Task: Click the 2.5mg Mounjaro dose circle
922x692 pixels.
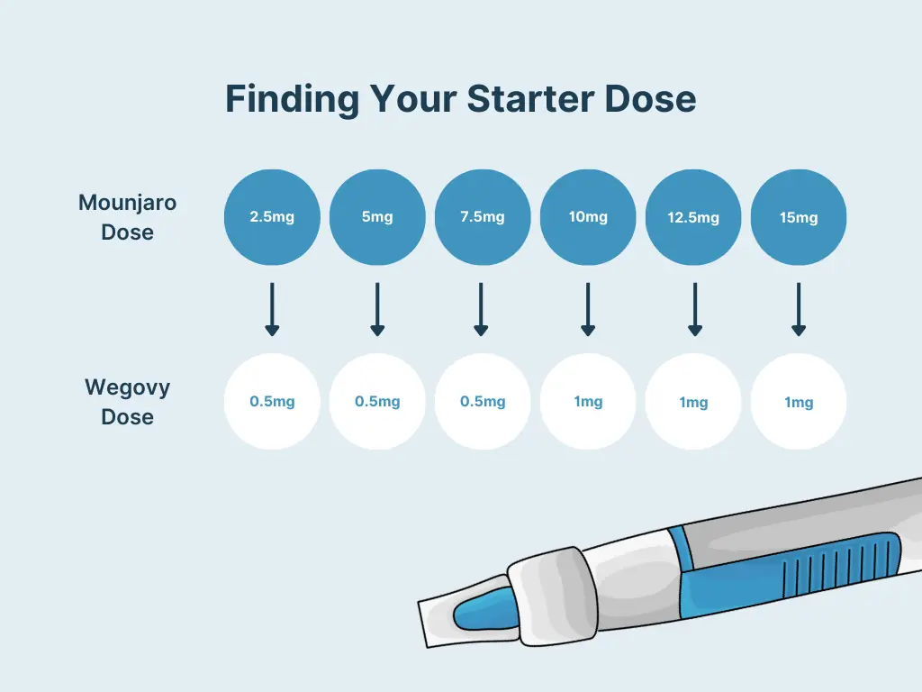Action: pyautogui.click(x=272, y=217)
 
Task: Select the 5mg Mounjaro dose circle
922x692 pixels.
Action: pyautogui.click(x=377, y=217)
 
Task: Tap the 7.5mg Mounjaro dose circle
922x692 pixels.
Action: pyautogui.click(x=483, y=217)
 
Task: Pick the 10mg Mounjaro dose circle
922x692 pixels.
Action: pyautogui.click(x=588, y=217)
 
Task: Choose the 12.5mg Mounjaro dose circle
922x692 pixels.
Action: pyautogui.click(x=693, y=217)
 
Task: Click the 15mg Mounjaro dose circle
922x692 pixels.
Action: pyautogui.click(x=799, y=217)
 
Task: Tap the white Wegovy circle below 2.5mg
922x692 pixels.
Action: pyautogui.click(x=272, y=402)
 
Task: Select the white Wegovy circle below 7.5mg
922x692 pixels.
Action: pyautogui.click(x=483, y=402)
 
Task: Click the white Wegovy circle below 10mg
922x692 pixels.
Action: pyautogui.click(x=588, y=402)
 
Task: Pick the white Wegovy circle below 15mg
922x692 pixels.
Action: pyautogui.click(x=799, y=402)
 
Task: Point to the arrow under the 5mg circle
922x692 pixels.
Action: pyautogui.click(x=377, y=309)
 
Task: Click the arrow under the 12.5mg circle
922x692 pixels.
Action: pyautogui.click(x=694, y=309)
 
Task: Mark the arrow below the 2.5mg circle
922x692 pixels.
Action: pyautogui.click(x=272, y=309)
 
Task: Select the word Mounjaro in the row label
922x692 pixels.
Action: pyautogui.click(x=127, y=203)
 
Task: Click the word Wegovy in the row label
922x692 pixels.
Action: pyautogui.click(x=127, y=388)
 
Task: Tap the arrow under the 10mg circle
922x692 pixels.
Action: pyautogui.click(x=588, y=309)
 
